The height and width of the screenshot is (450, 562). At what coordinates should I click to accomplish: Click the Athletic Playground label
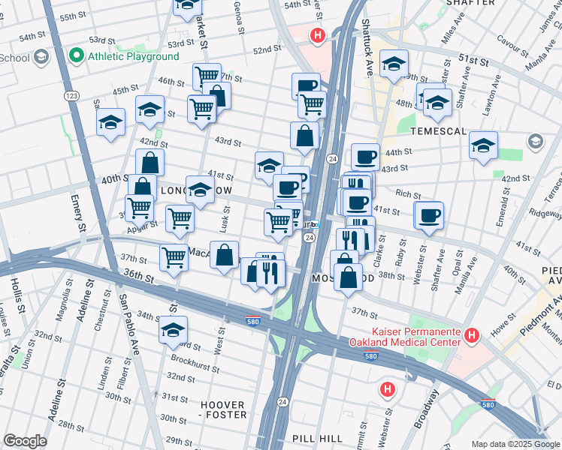(x=134, y=55)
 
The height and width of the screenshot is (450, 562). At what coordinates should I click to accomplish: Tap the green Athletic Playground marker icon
(x=76, y=55)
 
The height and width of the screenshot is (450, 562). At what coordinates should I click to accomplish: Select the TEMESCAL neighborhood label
(x=440, y=130)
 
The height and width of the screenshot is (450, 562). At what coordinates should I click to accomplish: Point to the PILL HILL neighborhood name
(x=319, y=438)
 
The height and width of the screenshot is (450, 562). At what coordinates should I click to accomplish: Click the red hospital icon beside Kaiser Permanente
(x=472, y=336)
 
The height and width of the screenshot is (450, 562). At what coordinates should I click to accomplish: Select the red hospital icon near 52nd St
(x=318, y=34)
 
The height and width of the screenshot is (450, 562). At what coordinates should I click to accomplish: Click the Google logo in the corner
(x=25, y=441)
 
